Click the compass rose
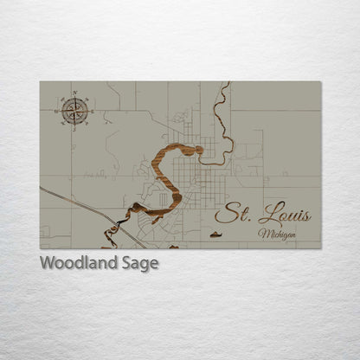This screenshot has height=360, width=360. (x=74, y=110)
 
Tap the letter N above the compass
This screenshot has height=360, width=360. (x=74, y=93)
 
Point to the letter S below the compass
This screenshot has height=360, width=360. (x=74, y=128)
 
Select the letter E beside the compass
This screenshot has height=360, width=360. (x=92, y=110)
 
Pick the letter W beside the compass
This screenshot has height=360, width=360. (x=57, y=110)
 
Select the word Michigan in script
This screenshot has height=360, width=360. (x=276, y=234)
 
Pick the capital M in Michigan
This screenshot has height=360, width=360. (x=261, y=234)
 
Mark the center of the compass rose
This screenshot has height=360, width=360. (x=74, y=110)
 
